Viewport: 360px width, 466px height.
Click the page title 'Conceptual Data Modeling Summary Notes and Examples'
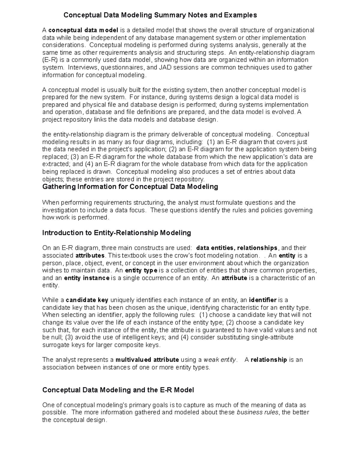160,15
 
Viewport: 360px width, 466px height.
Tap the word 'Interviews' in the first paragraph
81,68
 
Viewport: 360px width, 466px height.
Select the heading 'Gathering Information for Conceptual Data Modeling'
130,187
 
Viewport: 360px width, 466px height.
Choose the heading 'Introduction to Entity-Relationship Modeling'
117,233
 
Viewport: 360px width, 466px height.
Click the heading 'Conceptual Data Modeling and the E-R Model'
118,390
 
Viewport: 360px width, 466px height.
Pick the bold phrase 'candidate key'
87,300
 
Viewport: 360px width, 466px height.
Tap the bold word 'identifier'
263,300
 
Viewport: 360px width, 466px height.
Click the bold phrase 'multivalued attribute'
147,360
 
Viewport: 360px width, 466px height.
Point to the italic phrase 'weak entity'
220,360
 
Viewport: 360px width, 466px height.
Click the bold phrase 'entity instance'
87,278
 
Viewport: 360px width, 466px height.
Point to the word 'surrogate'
55,345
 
